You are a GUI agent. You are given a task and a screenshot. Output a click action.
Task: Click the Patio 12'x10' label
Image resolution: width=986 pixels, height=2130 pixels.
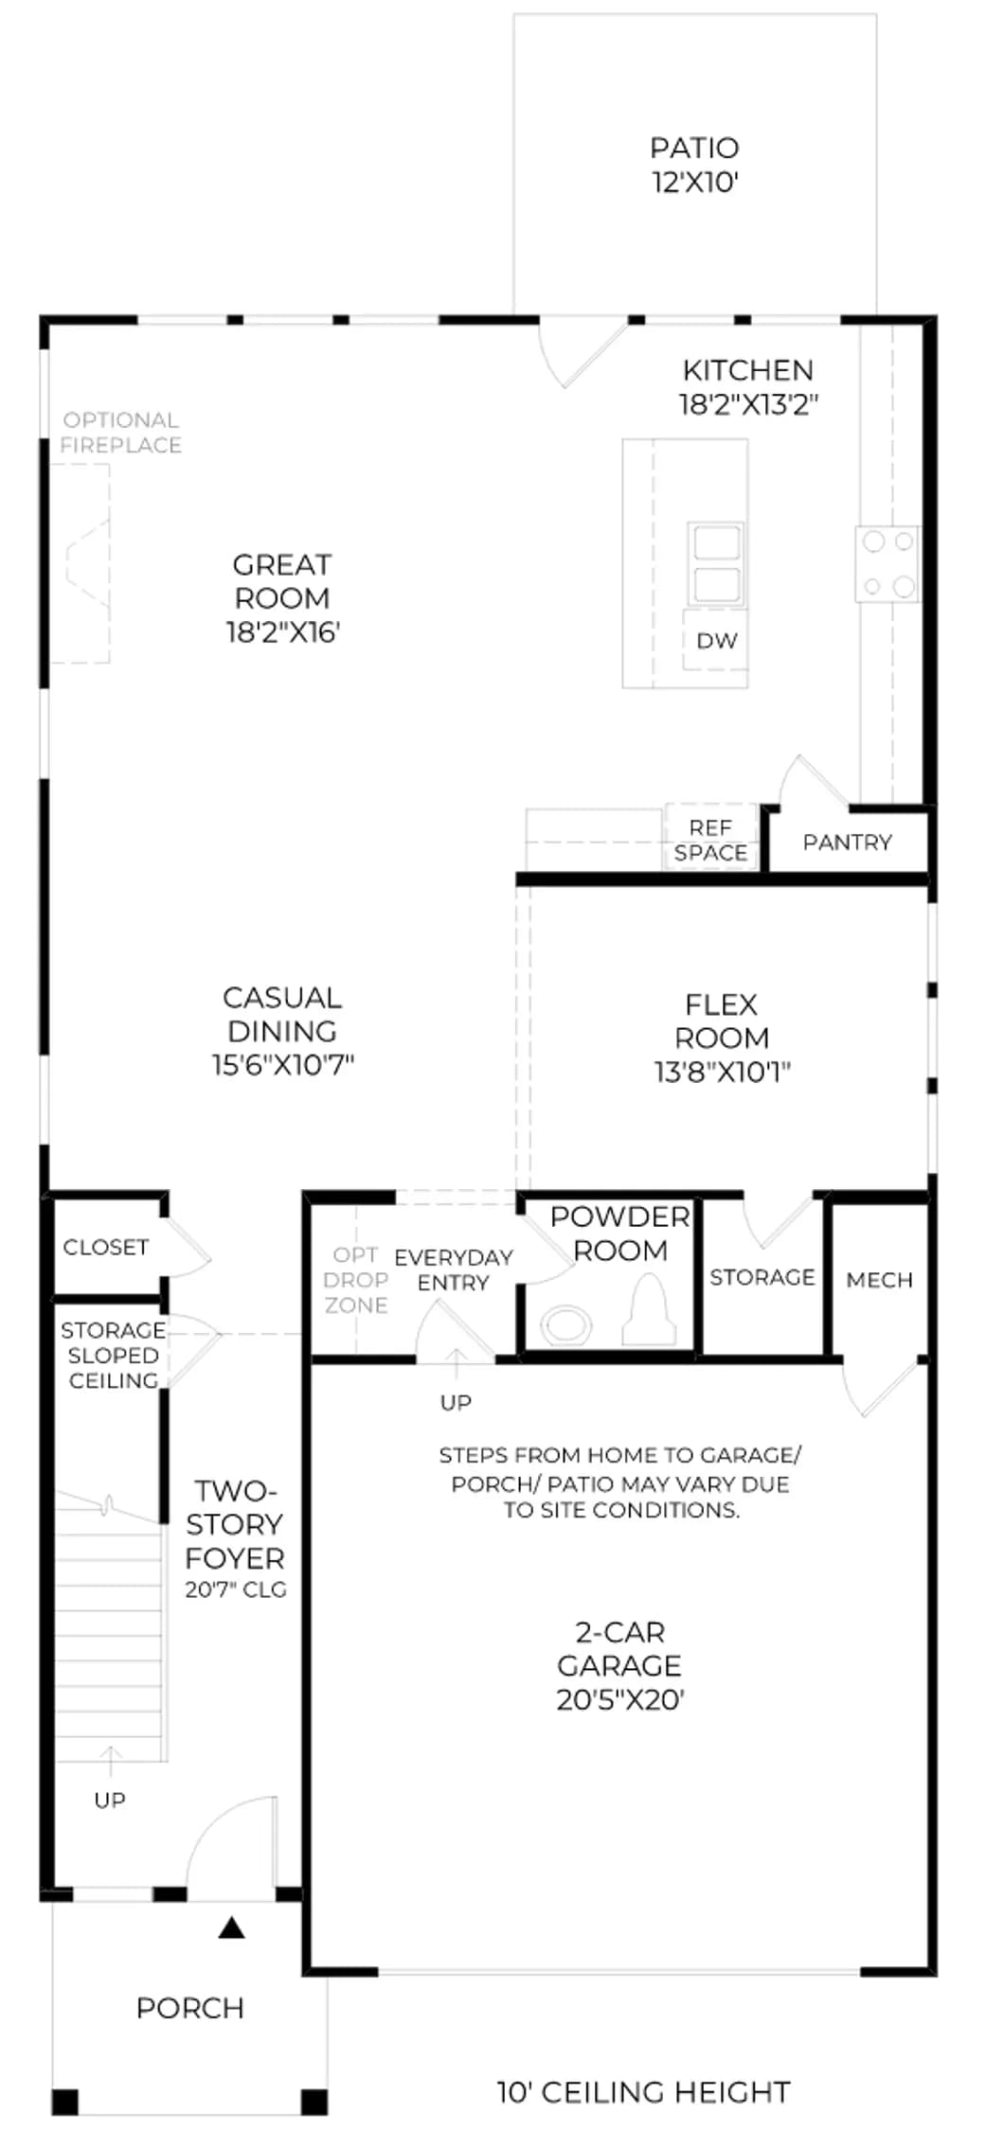point(694,165)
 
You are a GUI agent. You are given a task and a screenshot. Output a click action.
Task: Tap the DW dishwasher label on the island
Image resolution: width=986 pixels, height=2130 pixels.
point(716,641)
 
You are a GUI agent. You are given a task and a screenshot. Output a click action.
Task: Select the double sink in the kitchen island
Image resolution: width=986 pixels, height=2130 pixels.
point(716,564)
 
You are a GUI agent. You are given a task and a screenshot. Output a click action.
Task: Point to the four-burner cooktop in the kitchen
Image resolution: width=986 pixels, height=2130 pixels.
point(887,564)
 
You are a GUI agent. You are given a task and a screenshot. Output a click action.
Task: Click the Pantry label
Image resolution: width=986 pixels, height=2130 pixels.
point(847,843)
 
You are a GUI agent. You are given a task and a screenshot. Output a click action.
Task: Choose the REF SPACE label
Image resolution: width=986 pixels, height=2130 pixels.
point(710,841)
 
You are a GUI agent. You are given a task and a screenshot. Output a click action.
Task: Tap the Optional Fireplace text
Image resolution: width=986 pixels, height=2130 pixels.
point(120,433)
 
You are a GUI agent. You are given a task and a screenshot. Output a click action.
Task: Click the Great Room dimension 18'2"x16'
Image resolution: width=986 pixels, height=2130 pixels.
point(282,632)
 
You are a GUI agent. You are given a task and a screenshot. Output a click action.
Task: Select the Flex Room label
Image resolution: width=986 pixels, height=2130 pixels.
point(722,1021)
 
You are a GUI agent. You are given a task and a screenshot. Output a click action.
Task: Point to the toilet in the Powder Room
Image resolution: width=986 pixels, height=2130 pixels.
point(650,1309)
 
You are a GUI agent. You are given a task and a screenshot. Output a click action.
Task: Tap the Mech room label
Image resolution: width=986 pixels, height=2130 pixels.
point(880,1281)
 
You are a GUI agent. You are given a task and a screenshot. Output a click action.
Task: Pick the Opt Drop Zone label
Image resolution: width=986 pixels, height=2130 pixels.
point(356,1280)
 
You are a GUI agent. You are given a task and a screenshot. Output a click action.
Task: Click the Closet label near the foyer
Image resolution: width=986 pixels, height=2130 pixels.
point(106,1248)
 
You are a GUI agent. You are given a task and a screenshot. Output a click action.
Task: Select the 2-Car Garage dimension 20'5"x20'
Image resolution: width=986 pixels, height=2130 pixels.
point(620,1700)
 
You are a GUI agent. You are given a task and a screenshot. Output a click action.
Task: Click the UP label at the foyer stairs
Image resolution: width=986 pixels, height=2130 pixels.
point(110,1800)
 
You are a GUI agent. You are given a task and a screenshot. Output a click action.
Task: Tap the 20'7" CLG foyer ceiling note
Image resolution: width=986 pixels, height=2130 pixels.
point(236,1589)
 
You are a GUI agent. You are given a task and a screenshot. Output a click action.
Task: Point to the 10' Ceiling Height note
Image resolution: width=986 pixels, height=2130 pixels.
point(644,2091)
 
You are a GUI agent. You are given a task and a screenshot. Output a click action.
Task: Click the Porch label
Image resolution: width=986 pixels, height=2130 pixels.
point(190,2008)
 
